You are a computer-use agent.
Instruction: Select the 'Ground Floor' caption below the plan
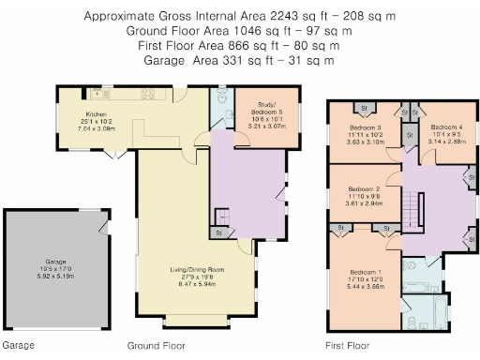[x=155, y=346]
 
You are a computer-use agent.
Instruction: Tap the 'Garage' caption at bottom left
[x=18, y=346]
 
